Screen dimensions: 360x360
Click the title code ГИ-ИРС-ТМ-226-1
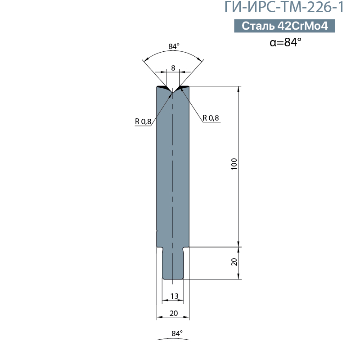(x=284, y=7)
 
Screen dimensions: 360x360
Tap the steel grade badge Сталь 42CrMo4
(x=284, y=26)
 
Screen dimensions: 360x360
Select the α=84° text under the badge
(x=285, y=42)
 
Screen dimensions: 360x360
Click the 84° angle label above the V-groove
(x=174, y=46)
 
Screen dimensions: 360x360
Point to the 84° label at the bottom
(x=177, y=333)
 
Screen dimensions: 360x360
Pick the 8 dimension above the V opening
(x=173, y=68)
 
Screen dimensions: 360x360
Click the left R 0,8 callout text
(x=143, y=121)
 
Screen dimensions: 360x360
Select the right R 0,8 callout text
(x=211, y=118)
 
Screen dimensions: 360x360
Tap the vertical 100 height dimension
(x=234, y=164)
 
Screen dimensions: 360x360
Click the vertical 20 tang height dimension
(x=234, y=262)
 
